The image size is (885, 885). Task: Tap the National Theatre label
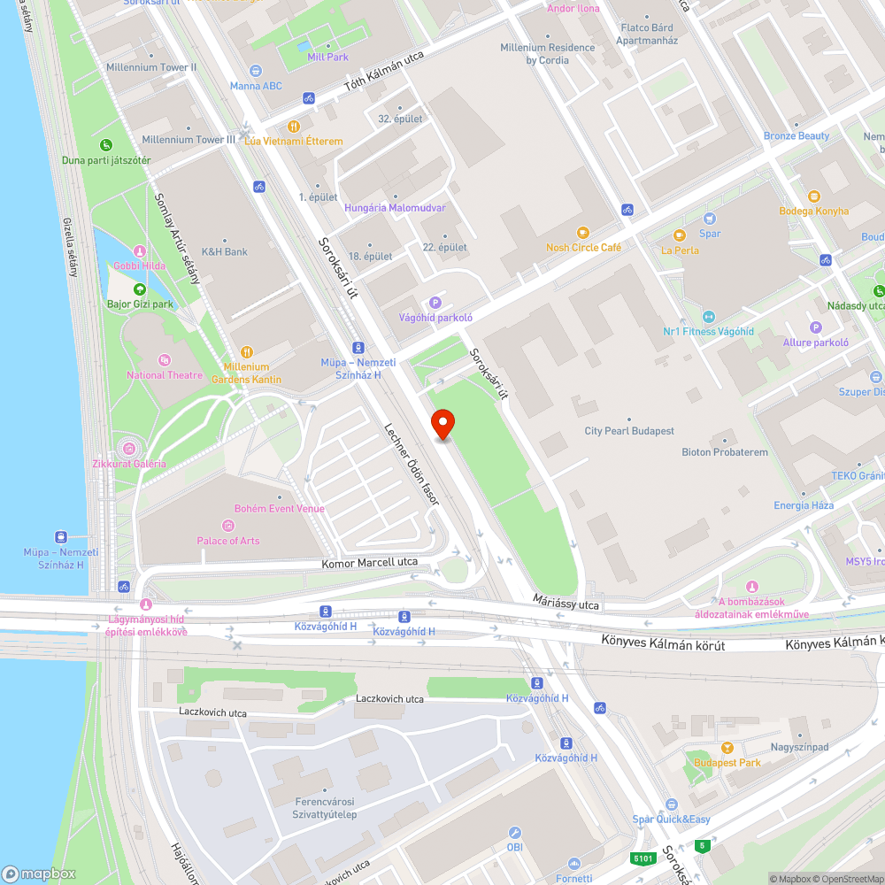(x=165, y=375)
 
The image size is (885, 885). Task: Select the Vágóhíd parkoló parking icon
(x=435, y=303)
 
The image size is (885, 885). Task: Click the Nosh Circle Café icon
(x=582, y=232)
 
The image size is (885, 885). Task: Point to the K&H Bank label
(x=225, y=251)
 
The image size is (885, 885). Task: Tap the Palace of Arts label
(x=228, y=540)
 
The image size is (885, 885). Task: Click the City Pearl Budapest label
(x=629, y=431)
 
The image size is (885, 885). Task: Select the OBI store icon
(x=516, y=833)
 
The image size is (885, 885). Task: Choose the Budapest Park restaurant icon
(x=727, y=748)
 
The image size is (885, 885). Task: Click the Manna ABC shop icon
(x=257, y=71)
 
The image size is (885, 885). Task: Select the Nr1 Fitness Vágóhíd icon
(x=708, y=316)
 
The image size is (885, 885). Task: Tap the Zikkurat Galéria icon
(x=130, y=449)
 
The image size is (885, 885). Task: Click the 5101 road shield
(x=643, y=858)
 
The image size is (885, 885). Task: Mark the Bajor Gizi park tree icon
(x=140, y=289)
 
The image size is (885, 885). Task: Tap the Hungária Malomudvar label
(x=395, y=207)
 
